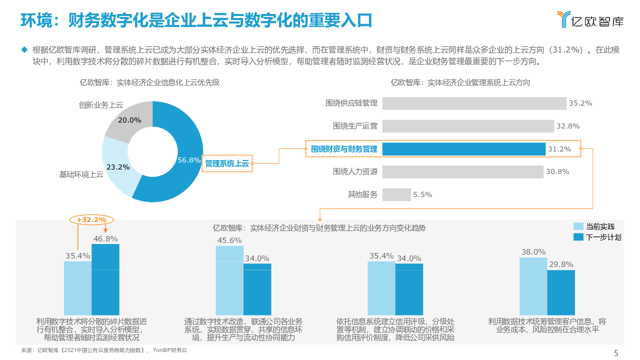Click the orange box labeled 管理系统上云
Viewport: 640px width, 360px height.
coord(227,163)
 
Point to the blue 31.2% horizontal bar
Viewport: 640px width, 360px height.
coord(463,149)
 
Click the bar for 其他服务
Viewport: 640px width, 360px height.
coord(396,194)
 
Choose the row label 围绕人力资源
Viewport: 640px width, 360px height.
coord(355,171)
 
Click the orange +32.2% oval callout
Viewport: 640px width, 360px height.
coord(91,219)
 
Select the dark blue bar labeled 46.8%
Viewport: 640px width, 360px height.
coord(105,279)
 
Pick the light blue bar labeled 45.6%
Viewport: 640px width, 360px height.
coord(229,279)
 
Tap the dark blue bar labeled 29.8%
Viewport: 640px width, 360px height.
coord(561,292)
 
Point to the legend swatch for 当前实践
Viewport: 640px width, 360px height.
coord(578,226)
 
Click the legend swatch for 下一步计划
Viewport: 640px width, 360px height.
coord(578,237)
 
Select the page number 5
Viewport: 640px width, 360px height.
coord(616,353)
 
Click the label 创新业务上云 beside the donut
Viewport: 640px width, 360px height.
coord(100,105)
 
